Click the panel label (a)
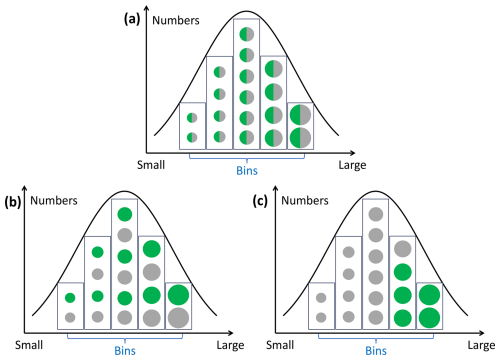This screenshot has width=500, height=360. click(x=132, y=19)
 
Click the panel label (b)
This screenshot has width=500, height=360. click(x=13, y=202)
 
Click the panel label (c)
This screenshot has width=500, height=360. click(x=260, y=201)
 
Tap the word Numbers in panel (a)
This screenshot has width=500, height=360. click(x=176, y=21)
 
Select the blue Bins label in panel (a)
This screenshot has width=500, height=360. click(x=247, y=171)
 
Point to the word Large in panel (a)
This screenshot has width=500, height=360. click(x=352, y=165)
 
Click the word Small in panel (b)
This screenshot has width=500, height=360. click(x=29, y=345)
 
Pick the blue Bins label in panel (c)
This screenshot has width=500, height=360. click(x=376, y=351)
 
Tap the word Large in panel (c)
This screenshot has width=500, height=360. click(x=481, y=345)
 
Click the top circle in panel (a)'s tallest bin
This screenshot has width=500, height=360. click(x=247, y=34)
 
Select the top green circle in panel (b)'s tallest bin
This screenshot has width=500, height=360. click(x=125, y=214)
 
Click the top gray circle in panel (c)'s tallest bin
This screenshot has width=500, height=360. click(x=376, y=214)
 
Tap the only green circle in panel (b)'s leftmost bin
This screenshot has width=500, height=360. click(x=70, y=298)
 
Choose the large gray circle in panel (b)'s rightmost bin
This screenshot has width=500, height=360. click(x=178, y=318)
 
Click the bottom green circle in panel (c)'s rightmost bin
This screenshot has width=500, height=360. click(x=429, y=318)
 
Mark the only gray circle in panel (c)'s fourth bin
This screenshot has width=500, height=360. click(x=403, y=249)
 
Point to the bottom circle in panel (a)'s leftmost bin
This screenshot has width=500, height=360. click(x=192, y=137)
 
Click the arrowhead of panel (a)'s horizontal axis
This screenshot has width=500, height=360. click(x=353, y=153)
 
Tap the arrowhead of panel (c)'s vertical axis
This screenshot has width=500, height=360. click(x=275, y=188)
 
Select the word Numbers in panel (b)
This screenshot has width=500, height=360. click(x=54, y=201)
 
